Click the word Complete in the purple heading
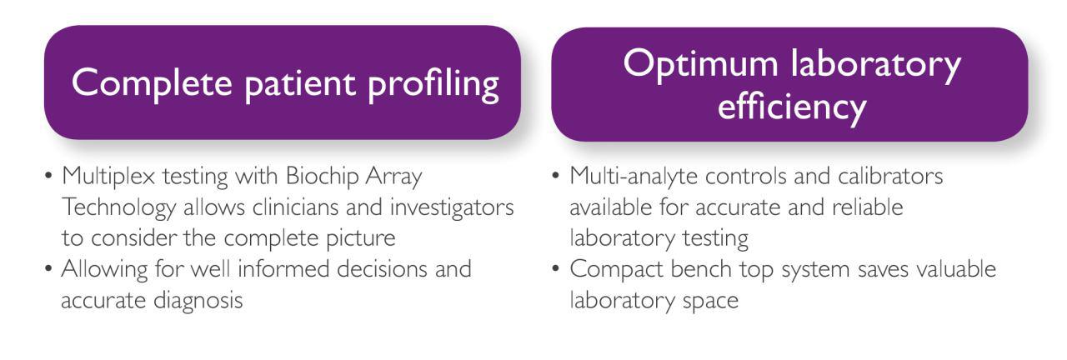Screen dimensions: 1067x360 [152, 82]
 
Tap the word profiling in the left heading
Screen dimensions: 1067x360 [433, 86]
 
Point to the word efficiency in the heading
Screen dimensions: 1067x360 [792, 107]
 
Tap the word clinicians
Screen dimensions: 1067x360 [294, 208]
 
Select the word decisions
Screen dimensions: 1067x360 [382, 269]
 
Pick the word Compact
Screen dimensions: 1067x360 [616, 270]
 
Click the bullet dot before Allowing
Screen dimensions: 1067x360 [48, 268]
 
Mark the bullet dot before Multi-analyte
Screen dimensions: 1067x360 [555, 176]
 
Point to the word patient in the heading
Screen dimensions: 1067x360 [300, 85]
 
